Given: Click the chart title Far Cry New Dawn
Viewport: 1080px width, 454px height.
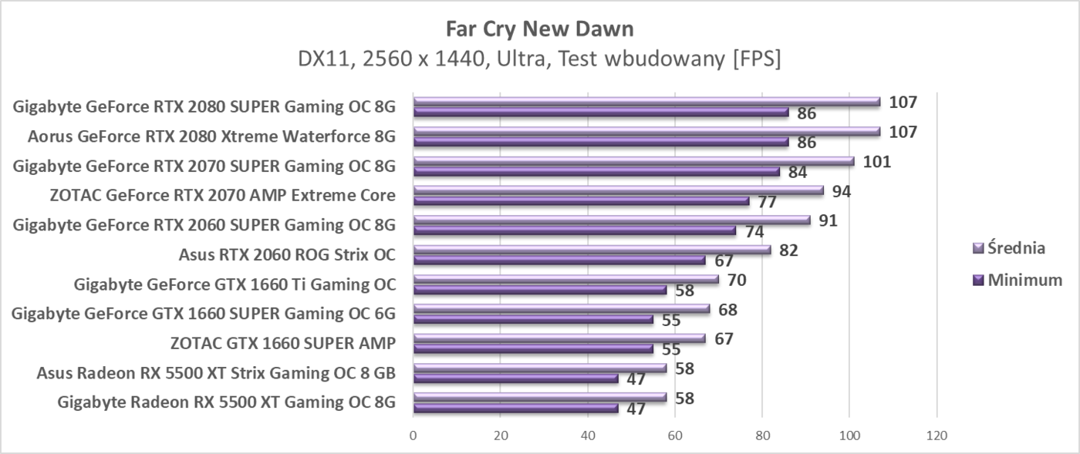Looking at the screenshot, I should coord(539,29).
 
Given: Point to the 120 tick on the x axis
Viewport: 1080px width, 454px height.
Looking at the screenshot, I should coord(937,436).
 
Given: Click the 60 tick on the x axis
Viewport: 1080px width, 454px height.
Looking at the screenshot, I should coord(675,436).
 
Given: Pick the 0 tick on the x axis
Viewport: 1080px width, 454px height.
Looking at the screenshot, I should coord(413,436).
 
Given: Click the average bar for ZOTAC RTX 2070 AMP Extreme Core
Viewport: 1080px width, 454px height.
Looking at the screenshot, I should coord(618,190).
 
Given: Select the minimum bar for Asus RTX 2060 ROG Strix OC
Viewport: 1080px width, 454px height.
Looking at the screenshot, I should coord(559,261).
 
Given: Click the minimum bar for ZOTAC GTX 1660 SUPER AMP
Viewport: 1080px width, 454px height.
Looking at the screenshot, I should coord(533,349).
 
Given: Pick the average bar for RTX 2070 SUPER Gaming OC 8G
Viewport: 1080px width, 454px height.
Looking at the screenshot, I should coord(633,161).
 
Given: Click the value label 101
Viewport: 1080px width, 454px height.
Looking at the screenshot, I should coord(876,162).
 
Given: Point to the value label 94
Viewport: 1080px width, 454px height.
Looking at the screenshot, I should coord(841,191).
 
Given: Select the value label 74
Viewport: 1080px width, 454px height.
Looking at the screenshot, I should coord(754,232).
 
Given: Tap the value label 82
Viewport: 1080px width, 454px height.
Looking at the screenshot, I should coord(788,251).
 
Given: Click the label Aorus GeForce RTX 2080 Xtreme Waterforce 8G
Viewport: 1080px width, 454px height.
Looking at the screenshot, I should coord(211,137).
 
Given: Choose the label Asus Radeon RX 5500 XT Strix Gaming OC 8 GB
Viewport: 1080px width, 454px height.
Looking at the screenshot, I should coord(216,374).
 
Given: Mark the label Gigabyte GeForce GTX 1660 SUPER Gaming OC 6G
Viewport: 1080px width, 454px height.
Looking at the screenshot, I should coord(204,314).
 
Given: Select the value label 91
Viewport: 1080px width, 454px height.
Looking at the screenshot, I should coord(828,220).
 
